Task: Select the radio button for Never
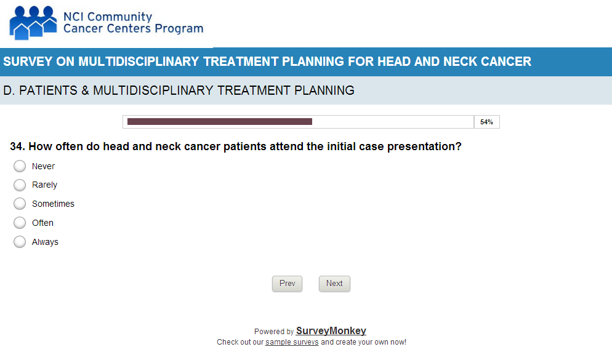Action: (x=20, y=166)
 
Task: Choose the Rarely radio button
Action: (x=20, y=185)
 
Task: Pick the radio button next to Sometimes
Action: (x=20, y=204)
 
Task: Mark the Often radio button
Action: (x=20, y=223)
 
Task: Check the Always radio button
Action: (x=20, y=242)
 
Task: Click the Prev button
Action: (x=288, y=284)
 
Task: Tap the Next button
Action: (x=334, y=284)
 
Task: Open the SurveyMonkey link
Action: (x=331, y=330)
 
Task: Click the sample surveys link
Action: (x=292, y=342)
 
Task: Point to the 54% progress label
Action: (x=487, y=122)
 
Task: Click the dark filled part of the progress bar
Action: (x=220, y=122)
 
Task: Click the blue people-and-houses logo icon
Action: (x=33, y=23)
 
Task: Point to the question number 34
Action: (x=18, y=146)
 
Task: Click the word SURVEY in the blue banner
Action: (x=28, y=62)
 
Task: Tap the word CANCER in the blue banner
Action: (x=506, y=62)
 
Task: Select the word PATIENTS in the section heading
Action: (x=49, y=90)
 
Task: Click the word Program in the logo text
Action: (x=179, y=29)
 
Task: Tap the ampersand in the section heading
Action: (x=85, y=90)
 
